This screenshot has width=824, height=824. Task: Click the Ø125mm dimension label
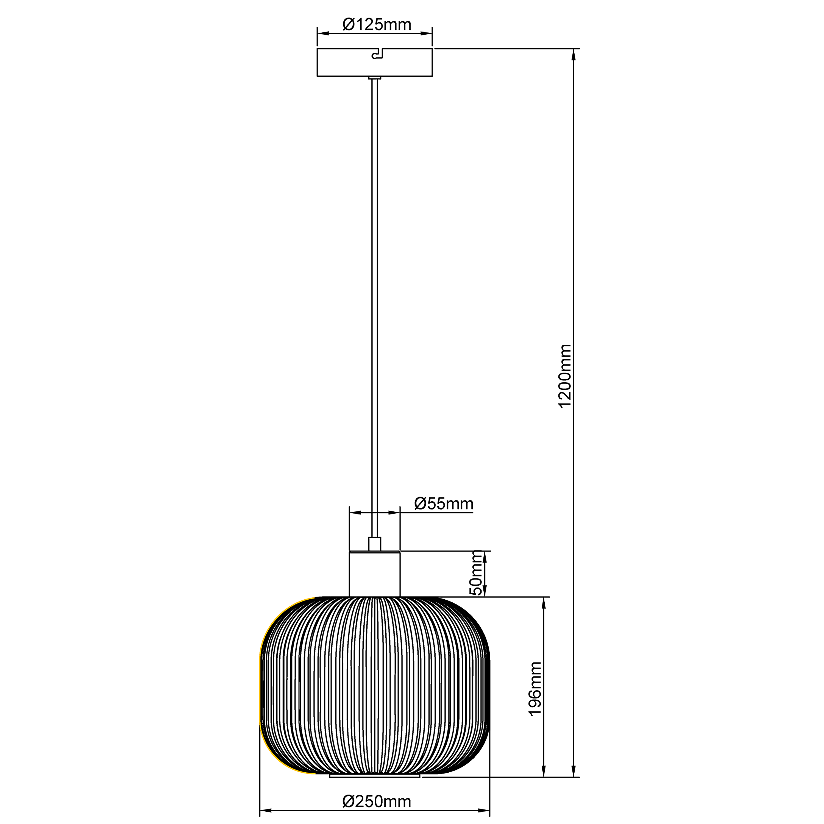377,25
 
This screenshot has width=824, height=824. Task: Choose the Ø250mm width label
377,801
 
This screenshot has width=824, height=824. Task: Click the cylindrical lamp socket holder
374,574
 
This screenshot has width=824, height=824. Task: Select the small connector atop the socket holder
374,544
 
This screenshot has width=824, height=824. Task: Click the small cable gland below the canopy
374,78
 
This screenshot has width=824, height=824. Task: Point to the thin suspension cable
374,299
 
